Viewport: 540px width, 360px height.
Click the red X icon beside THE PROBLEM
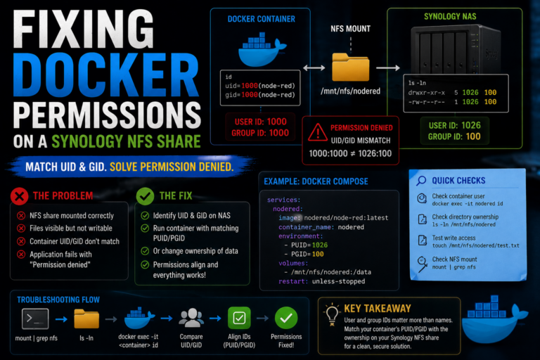tap(19, 196)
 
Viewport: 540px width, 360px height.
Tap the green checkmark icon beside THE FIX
tap(145, 196)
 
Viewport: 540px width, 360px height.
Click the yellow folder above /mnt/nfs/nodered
tap(351, 67)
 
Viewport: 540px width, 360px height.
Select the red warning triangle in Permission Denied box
tap(318, 132)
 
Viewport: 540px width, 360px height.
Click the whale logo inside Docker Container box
tap(262, 49)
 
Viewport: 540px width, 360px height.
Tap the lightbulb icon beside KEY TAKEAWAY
tap(332, 314)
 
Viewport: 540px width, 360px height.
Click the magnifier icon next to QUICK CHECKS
tap(421, 181)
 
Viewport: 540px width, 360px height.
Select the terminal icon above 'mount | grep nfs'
tap(35, 319)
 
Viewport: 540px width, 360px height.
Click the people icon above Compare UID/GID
tap(191, 318)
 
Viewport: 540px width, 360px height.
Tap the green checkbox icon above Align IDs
tap(239, 318)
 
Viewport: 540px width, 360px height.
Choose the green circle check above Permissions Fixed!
tap(286, 318)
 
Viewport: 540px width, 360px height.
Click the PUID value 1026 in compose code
tap(320, 245)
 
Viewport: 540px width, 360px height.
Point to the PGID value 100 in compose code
tap(318, 254)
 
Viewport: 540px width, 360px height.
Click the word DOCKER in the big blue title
tap(106, 76)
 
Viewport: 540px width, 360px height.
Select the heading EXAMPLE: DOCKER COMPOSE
tap(316, 181)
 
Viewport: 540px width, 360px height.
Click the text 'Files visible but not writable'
tap(71, 228)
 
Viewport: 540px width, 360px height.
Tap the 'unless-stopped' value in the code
tap(338, 281)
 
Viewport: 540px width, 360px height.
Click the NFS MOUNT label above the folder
tap(351, 29)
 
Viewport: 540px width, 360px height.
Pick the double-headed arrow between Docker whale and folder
tap(314, 68)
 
